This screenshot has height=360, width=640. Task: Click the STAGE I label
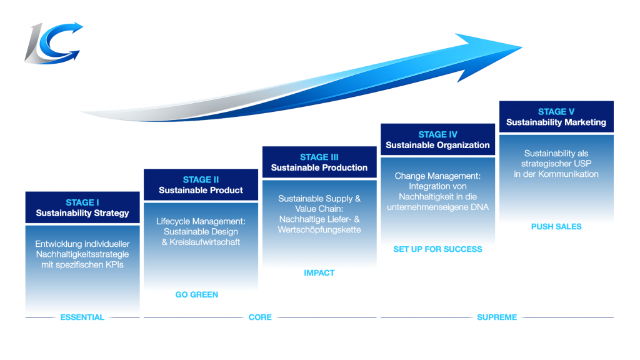click(x=82, y=202)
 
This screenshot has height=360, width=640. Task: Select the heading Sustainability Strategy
click(x=82, y=213)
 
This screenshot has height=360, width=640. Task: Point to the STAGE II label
click(x=201, y=180)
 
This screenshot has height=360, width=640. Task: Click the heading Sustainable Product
click(x=201, y=190)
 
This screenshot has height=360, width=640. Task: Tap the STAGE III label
click(x=319, y=157)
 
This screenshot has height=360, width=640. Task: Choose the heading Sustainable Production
click(x=319, y=167)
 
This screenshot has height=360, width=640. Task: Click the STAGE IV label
click(x=437, y=134)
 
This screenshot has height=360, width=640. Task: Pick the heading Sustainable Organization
click(x=437, y=145)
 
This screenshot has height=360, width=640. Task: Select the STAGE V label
click(x=556, y=112)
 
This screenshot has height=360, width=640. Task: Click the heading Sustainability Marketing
click(x=556, y=122)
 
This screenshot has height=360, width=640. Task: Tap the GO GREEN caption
click(x=197, y=294)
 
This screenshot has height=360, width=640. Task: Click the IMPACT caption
click(x=319, y=272)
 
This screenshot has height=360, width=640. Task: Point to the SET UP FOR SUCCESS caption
click(x=437, y=249)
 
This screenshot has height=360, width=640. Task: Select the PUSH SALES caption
click(x=556, y=227)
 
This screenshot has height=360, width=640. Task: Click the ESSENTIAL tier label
click(x=82, y=317)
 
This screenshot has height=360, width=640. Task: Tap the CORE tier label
click(x=260, y=317)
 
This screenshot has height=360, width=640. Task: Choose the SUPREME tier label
click(x=497, y=317)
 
